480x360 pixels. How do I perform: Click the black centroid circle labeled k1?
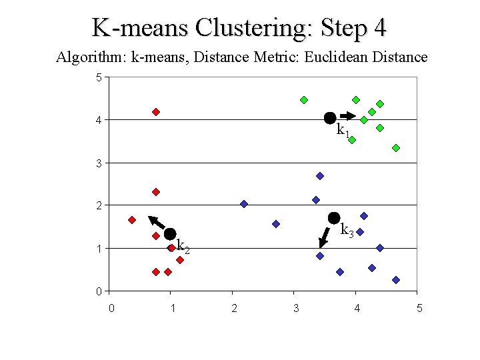pyautogui.click(x=329, y=118)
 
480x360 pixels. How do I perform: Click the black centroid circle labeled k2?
pyautogui.click(x=170, y=234)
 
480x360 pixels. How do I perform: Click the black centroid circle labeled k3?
pyautogui.click(x=334, y=218)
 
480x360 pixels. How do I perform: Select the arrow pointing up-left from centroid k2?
pyautogui.click(x=157, y=223)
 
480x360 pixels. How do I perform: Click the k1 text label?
pyautogui.click(x=343, y=131)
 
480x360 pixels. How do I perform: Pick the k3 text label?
pyautogui.click(x=347, y=231)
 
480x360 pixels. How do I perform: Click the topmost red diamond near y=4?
pyautogui.click(x=156, y=112)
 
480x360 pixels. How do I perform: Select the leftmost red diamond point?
pyautogui.click(x=132, y=220)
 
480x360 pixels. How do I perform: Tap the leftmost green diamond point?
pyautogui.click(x=304, y=100)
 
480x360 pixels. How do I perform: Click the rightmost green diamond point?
pyautogui.click(x=396, y=148)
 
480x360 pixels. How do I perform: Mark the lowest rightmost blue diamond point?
pyautogui.click(x=396, y=280)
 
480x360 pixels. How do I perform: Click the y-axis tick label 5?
pyautogui.click(x=99, y=78)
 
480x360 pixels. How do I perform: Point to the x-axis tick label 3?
pyautogui.click(x=295, y=308)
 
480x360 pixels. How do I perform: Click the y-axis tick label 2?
pyautogui.click(x=99, y=206)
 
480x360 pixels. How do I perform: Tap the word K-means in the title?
pyautogui.click(x=139, y=28)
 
